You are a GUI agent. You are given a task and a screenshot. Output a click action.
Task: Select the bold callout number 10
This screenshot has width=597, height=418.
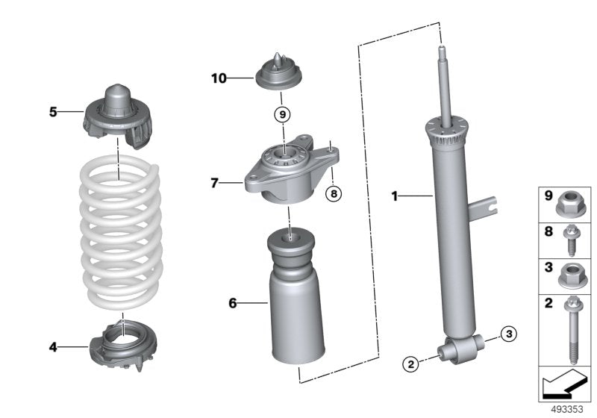click(217, 77)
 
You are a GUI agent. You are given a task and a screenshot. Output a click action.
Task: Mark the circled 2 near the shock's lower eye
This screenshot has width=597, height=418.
click(410, 364)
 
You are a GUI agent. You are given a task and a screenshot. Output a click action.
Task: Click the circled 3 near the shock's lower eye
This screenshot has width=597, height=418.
click(508, 333)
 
